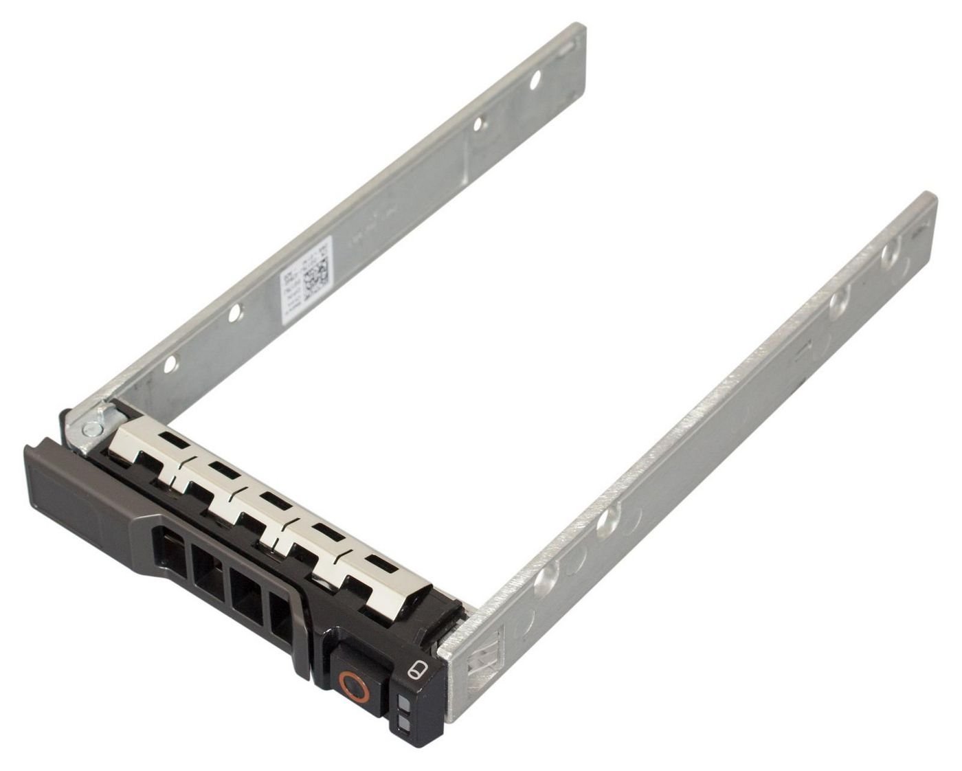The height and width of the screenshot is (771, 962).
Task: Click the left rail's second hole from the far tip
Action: (482, 124)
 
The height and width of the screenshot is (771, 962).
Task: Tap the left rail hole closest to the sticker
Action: (235, 313)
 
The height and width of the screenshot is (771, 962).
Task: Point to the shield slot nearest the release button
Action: (378, 563)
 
